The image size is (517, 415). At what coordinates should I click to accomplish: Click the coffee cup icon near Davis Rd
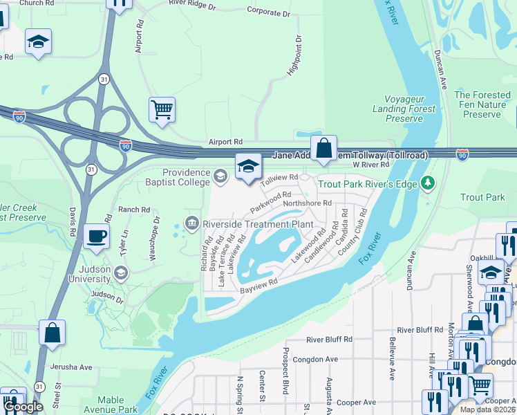(x=96, y=236)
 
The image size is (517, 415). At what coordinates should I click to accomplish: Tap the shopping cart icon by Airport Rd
(x=162, y=109)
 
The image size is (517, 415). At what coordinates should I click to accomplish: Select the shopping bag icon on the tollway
(x=323, y=147)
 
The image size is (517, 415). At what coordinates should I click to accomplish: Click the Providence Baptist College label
(x=186, y=177)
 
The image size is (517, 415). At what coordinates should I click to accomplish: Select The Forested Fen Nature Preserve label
(x=482, y=104)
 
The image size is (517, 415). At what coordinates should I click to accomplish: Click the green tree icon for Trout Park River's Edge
(x=429, y=183)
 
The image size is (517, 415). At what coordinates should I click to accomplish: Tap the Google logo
(x=23, y=407)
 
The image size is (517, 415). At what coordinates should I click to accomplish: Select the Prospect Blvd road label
(x=285, y=378)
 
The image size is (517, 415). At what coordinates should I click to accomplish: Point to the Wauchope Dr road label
(x=156, y=238)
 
